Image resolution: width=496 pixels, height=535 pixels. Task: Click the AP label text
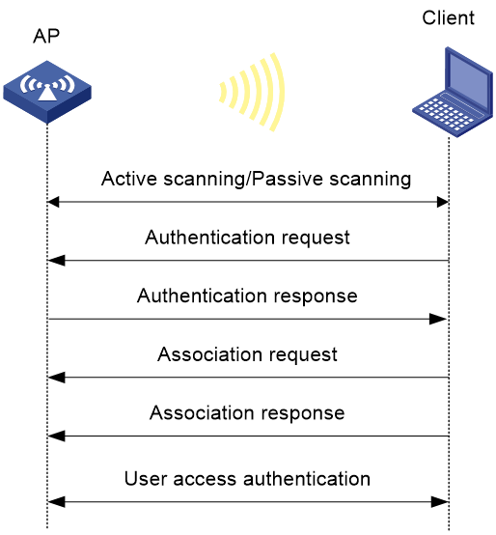coord(46,36)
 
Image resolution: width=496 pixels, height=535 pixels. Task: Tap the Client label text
coord(448,17)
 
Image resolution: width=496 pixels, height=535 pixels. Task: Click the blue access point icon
coord(47,92)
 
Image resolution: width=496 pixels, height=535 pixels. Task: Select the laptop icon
coord(453,92)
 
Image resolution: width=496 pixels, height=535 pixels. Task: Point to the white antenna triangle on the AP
coord(46,93)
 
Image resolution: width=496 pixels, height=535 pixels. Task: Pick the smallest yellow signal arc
coord(223,93)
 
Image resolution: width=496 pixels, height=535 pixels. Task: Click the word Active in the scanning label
coord(129,179)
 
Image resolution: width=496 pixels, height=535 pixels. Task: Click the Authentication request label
coord(247,238)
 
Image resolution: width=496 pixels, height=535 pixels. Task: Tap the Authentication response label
coord(247,296)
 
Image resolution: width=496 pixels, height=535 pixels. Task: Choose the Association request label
coord(247,354)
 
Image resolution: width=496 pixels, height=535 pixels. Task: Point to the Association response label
coord(247,413)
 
